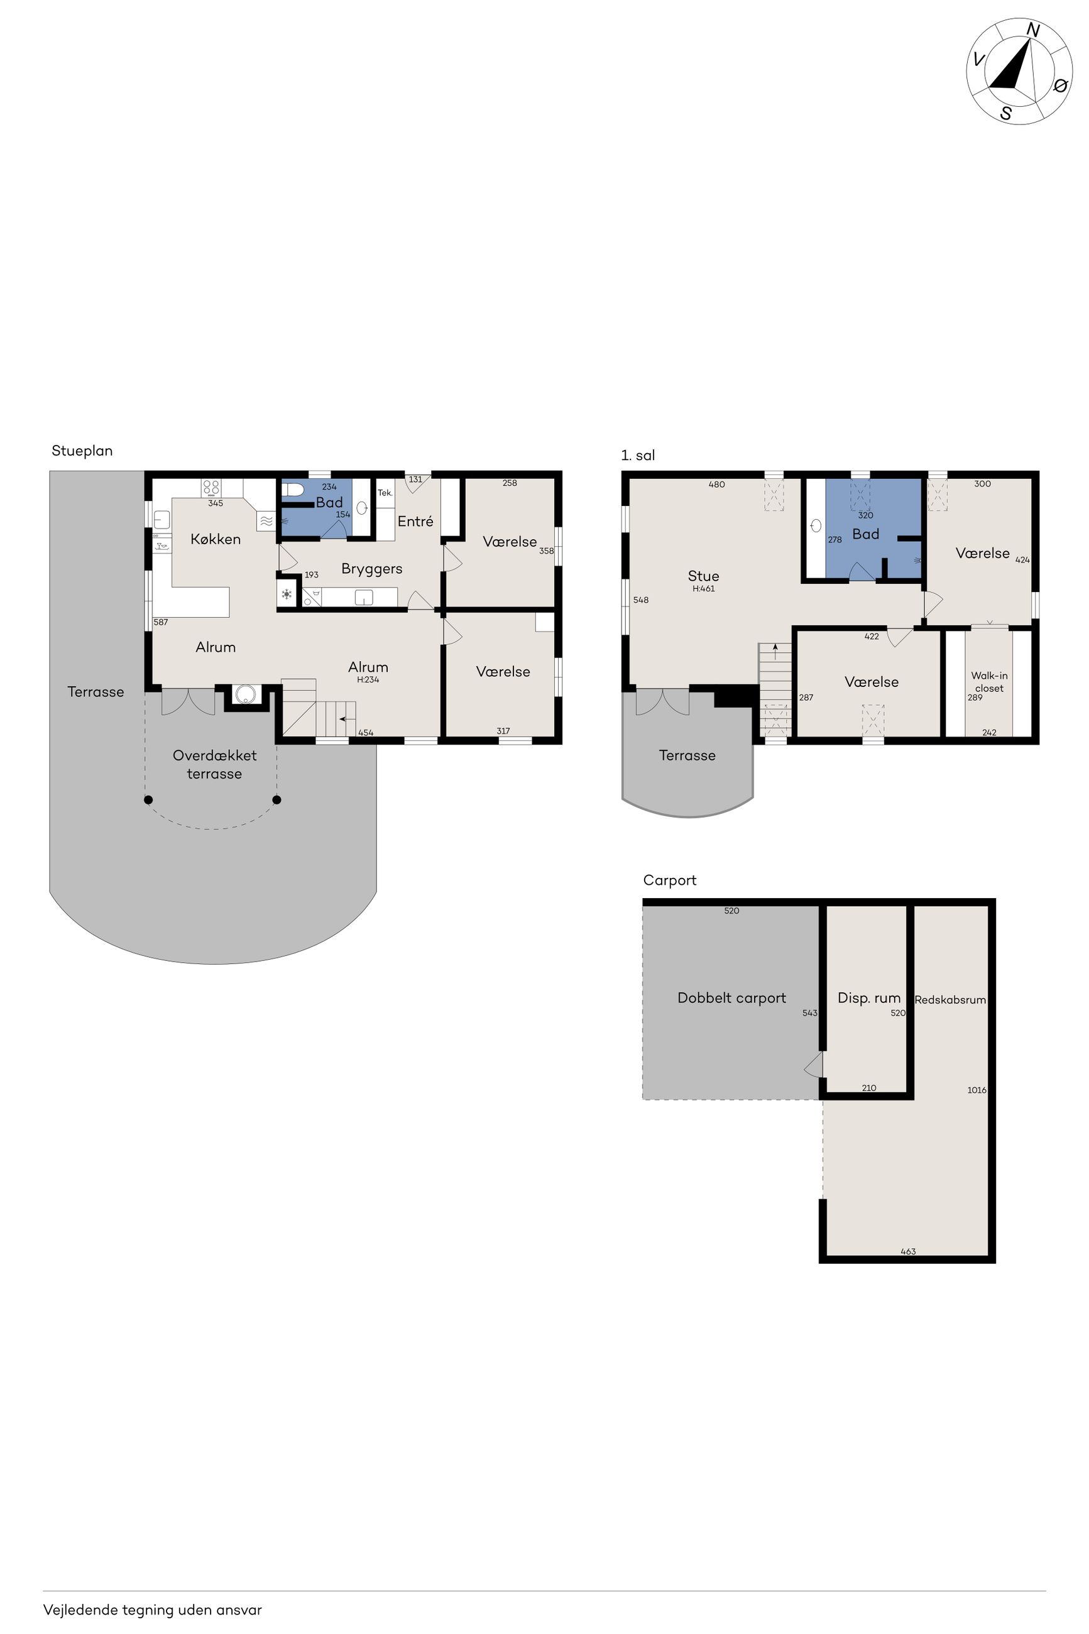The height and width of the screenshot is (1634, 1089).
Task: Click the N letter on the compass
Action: [x=1032, y=30]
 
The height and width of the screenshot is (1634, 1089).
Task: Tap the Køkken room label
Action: [x=216, y=539]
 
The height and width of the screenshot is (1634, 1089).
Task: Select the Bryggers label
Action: [x=371, y=569]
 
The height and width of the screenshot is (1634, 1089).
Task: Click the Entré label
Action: [x=415, y=521]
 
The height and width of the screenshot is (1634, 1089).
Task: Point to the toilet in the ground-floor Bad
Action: [x=293, y=490]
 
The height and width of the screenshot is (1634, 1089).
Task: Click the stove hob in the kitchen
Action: [x=211, y=488]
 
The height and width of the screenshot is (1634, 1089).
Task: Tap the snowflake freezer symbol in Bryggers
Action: [x=287, y=595]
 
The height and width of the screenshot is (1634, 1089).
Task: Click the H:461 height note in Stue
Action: [x=704, y=588]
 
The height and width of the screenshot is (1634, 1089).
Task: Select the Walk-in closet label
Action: [x=989, y=681]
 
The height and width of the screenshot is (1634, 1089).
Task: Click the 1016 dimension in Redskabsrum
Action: [x=977, y=1090]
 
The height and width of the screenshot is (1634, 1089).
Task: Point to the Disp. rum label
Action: [x=869, y=998]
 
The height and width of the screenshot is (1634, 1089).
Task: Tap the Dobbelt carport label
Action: [x=731, y=998]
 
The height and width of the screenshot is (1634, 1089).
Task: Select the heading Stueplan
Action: [x=82, y=451]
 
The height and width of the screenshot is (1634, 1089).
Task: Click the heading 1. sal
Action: [x=638, y=456]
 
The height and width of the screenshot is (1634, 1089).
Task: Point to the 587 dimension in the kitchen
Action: [x=160, y=622]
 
